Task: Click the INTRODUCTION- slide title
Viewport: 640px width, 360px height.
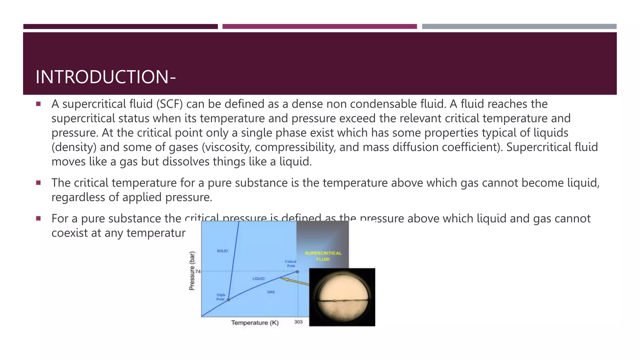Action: (x=106, y=77)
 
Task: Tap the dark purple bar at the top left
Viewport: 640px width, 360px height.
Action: (x=120, y=27)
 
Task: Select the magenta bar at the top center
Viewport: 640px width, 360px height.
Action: (x=319, y=27)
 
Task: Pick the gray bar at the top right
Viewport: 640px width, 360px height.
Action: (x=519, y=27)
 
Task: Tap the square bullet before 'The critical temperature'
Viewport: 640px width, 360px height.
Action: (x=38, y=183)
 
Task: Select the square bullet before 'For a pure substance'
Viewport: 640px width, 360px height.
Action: (x=38, y=218)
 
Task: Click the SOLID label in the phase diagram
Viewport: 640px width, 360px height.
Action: (x=222, y=251)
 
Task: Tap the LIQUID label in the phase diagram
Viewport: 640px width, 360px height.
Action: (x=258, y=278)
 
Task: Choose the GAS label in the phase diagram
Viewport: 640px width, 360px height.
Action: (x=271, y=292)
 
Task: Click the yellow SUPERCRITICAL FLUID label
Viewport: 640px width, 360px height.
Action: (x=323, y=256)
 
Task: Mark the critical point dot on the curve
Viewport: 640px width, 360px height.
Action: (x=297, y=272)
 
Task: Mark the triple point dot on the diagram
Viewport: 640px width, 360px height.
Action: (x=228, y=300)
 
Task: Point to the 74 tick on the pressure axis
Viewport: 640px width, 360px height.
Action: (x=198, y=272)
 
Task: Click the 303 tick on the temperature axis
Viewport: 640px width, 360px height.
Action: (x=298, y=322)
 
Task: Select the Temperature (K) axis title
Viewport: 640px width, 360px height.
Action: (x=255, y=322)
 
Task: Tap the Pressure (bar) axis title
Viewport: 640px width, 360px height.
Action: (x=192, y=271)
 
